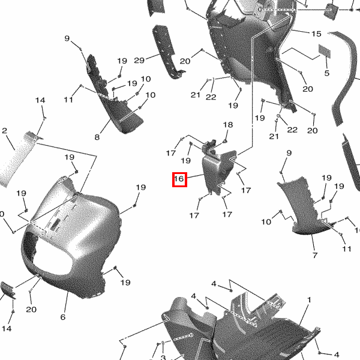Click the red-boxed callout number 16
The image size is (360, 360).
pyautogui.click(x=179, y=179)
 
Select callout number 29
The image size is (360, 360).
pyautogui.click(x=139, y=61)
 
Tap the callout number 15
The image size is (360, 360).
pyautogui.click(x=316, y=34)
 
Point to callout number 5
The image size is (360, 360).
pyautogui.click(x=327, y=73)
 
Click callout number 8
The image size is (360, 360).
pyautogui.click(x=97, y=137)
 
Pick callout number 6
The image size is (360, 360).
pyautogui.click(x=63, y=317)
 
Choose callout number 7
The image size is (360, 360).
pyautogui.click(x=315, y=255)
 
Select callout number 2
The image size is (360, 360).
pyautogui.click(x=4, y=131)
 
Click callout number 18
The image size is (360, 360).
pyautogui.click(x=228, y=125)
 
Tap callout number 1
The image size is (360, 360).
pyautogui.click(x=309, y=300)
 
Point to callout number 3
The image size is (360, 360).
pyautogui.click(x=163, y=357)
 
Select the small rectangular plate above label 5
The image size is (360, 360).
pyautogui.click(x=325, y=51)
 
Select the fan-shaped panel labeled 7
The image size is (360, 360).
pyautogui.click(x=305, y=206)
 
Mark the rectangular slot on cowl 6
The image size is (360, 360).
pyautogui.click(x=55, y=224)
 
